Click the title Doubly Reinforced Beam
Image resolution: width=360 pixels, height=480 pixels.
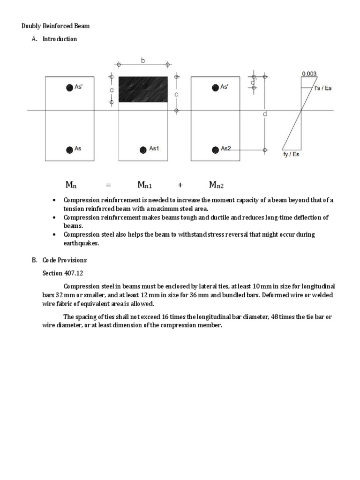[56, 26]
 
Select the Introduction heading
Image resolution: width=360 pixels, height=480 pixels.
[60, 39]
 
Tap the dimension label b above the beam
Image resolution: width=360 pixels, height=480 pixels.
[142, 60]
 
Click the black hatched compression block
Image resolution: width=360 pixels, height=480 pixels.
[143, 89]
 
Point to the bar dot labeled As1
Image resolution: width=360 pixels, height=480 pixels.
[142, 150]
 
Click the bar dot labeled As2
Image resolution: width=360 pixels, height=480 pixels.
[215, 150]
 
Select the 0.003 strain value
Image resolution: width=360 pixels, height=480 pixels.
[309, 74]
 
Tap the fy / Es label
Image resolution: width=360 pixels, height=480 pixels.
[291, 154]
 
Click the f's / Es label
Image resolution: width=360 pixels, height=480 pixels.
[323, 88]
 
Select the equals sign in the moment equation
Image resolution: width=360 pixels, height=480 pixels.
[108, 185]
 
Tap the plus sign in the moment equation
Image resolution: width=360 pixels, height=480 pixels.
[180, 185]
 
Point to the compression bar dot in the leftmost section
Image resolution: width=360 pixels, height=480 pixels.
[69, 87]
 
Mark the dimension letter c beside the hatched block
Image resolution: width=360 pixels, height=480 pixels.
[177, 94]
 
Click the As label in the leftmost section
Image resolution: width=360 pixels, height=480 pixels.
[78, 149]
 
